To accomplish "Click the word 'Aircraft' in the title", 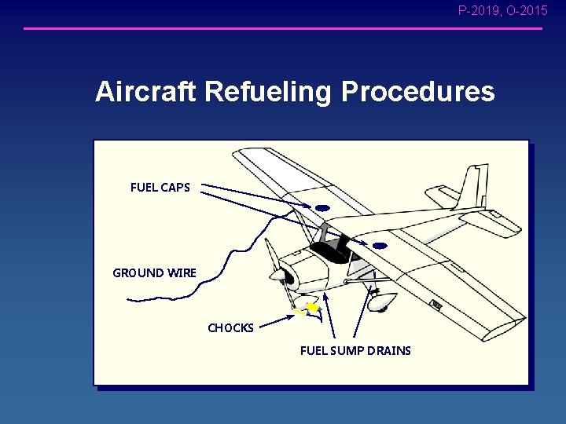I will pos(146,92).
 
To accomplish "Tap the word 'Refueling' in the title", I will pos(268,93).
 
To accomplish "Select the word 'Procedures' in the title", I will pos(417,92).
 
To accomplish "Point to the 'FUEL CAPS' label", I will pos(160,188).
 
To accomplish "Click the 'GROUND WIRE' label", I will pos(155,273).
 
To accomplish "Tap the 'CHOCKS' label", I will pos(230,328).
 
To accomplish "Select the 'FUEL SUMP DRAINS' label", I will pos(355,351).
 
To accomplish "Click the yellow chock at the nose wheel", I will pos(312,309).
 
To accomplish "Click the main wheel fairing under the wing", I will pos(383,299).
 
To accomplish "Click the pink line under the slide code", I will pos(283,29).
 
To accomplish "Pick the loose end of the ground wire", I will pos(130,300).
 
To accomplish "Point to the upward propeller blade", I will pos(270,254).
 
